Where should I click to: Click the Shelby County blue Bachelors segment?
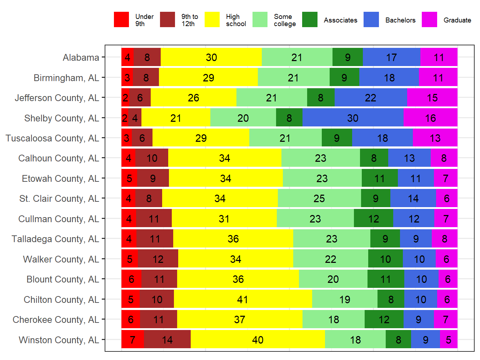[353, 118]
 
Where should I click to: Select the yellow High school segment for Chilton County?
[243, 299]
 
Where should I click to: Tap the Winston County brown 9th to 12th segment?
[167, 340]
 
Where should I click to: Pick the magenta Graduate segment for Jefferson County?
[432, 98]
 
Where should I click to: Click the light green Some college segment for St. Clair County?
[319, 199]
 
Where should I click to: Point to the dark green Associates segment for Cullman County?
[374, 219]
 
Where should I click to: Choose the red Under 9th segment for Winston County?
[132, 340]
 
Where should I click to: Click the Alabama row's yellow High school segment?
[211, 57]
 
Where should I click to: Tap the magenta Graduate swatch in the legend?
[429, 20]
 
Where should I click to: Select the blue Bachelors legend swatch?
[371, 20]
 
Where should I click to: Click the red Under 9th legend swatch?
[121, 20]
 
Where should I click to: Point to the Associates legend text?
[340, 20]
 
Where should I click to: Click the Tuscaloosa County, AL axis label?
[52, 138]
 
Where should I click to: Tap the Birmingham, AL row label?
[66, 78]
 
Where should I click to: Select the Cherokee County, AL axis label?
[56, 320]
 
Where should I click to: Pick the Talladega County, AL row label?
[55, 239]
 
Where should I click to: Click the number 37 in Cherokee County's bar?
[240, 320]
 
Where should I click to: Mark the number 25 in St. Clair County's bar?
[319, 199]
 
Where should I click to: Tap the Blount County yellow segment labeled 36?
[238, 279]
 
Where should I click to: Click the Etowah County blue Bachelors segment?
[416, 178]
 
